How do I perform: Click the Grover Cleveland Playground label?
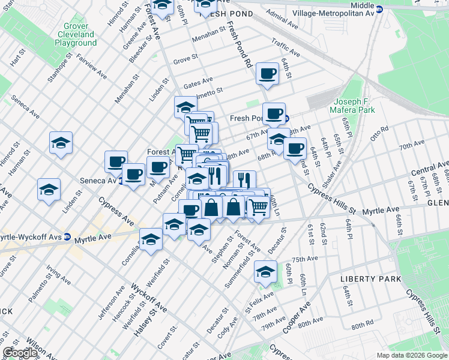pyautogui.click(x=76, y=35)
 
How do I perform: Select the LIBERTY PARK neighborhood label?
pyautogui.click(x=370, y=280)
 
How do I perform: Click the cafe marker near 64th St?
pyautogui.click(x=267, y=74)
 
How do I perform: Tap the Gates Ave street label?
pyautogui.click(x=198, y=83)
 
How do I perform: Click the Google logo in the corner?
pyautogui.click(x=20, y=353)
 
